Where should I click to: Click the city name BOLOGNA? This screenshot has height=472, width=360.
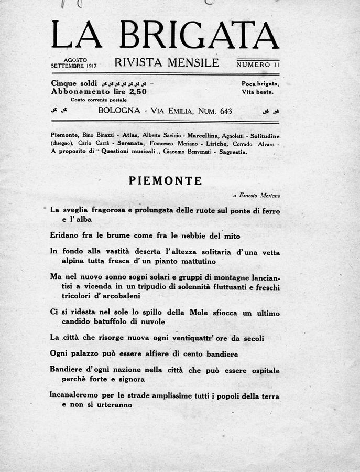point(119,111)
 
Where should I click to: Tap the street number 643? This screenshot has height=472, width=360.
point(222,111)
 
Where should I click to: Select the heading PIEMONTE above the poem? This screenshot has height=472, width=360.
point(165,181)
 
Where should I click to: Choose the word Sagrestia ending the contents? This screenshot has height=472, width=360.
point(232,151)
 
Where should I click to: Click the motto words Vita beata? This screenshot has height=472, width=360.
point(258,92)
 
